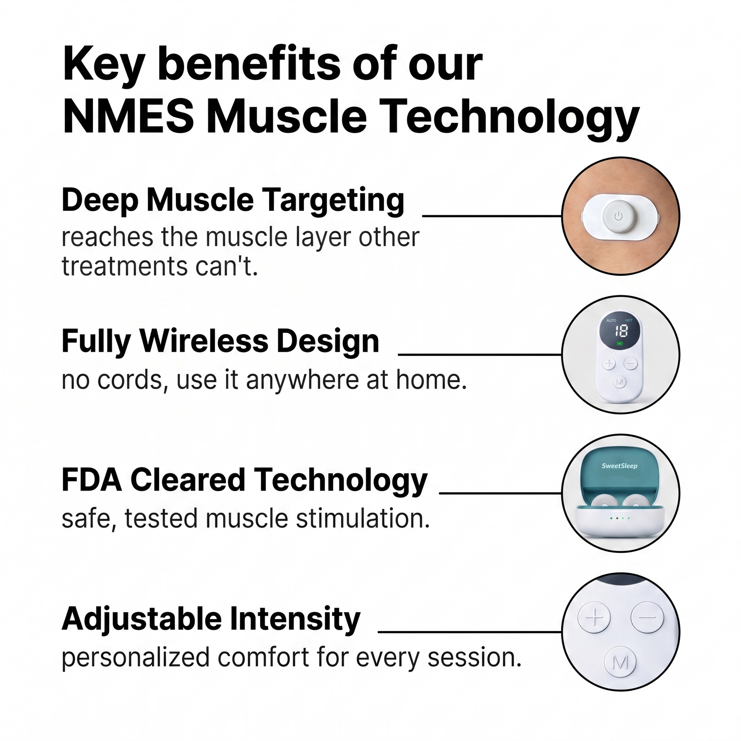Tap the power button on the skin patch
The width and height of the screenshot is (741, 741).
(x=618, y=217)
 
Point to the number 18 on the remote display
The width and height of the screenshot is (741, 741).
(x=621, y=331)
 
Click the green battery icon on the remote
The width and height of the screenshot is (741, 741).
(x=620, y=343)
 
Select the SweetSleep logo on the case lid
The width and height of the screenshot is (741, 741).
(x=620, y=466)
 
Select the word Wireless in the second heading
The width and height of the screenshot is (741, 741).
(x=203, y=341)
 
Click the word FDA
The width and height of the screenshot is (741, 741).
(x=92, y=480)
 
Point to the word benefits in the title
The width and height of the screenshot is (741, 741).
(x=249, y=64)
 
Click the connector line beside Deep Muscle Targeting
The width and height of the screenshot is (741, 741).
(x=492, y=216)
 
